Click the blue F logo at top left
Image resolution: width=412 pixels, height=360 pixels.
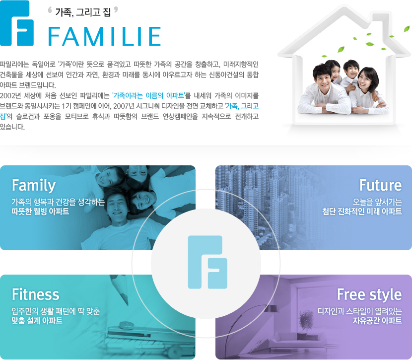16,23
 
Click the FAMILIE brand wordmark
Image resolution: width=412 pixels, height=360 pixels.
105,36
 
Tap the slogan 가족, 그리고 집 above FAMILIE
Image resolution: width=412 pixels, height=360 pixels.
83,12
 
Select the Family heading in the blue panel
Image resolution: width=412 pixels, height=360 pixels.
34,185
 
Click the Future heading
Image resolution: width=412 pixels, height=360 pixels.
380,185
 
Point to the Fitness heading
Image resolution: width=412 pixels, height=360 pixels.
35,294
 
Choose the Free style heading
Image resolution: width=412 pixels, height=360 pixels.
369,295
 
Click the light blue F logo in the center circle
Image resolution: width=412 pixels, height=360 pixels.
207,262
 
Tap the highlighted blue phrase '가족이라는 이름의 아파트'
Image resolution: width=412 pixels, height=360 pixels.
149,95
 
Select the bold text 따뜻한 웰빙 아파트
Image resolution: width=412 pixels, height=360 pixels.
41,212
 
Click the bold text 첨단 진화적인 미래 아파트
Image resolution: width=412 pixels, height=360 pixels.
362,212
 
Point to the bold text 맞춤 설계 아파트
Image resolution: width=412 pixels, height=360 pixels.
37,321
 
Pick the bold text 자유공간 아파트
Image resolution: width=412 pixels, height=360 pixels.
377,321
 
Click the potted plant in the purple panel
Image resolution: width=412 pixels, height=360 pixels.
306,321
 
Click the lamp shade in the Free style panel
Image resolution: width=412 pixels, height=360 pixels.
271,308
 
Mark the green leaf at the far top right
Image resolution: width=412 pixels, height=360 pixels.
407,29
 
